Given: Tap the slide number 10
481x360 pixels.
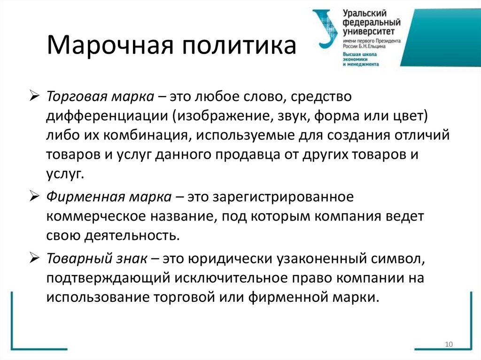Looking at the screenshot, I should point(448,345).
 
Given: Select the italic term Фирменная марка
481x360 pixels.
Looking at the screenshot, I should point(109,198).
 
